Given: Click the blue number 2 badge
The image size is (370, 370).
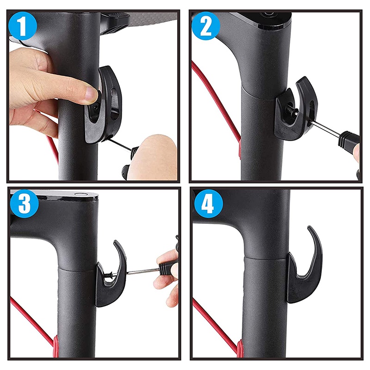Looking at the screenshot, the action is point(206,26).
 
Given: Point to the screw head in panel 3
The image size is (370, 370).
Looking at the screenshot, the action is point(108,274).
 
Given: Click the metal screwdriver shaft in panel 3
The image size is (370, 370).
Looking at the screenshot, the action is point(143,272).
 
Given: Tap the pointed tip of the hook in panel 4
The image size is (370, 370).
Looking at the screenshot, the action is point(308,227).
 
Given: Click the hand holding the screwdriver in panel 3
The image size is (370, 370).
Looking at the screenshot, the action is point(166,278).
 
